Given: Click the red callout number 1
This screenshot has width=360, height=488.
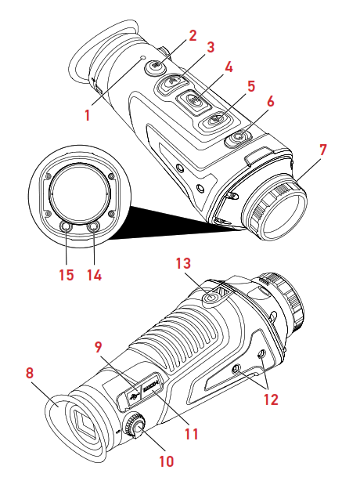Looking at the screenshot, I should [88, 114].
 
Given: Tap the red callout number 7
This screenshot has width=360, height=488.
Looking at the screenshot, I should [322, 148].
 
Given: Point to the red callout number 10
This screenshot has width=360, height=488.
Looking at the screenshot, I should [166, 461].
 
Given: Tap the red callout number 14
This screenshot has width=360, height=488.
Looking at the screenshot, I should [95, 275].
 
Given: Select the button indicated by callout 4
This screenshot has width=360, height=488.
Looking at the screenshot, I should [196, 100].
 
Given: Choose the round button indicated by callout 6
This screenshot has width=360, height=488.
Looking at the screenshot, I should [238, 138].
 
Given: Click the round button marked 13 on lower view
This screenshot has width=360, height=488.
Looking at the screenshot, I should [209, 298].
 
